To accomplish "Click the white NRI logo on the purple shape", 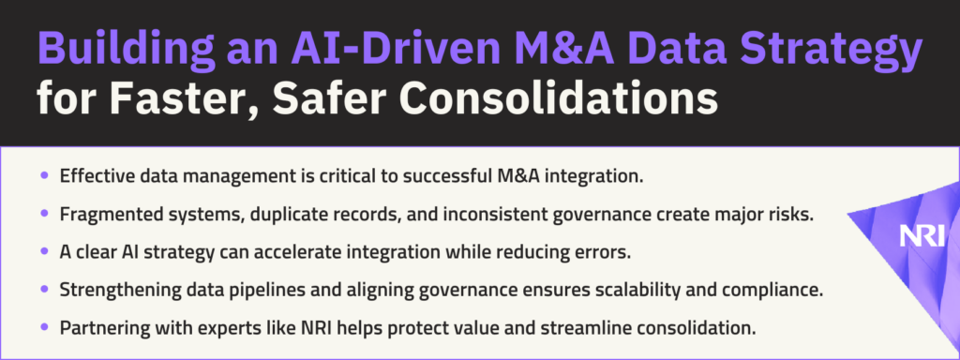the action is [x=922, y=235].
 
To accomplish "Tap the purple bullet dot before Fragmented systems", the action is [x=44, y=215].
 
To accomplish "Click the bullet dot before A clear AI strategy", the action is [x=44, y=251].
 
